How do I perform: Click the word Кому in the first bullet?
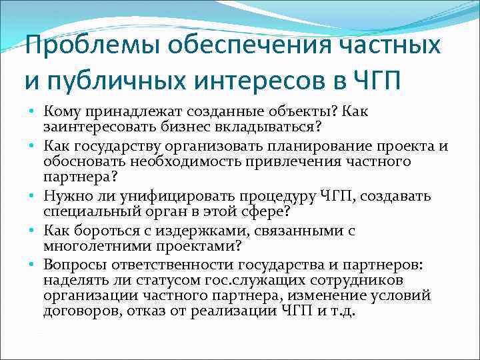tap(62, 111)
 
